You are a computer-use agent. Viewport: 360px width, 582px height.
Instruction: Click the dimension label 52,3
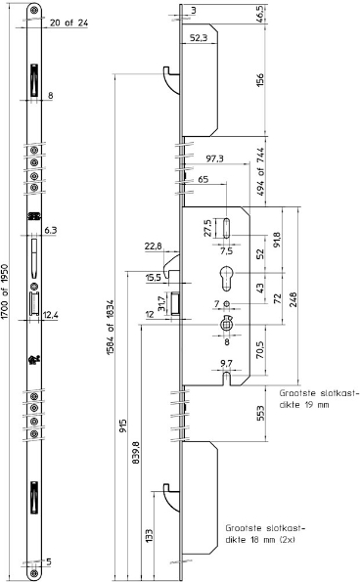199,37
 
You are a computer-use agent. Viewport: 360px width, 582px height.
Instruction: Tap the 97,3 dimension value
215,158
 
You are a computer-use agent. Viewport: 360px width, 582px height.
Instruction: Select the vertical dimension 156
260,80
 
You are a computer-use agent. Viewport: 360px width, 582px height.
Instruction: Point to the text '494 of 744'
260,172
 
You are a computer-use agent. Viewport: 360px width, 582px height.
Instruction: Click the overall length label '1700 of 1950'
5,291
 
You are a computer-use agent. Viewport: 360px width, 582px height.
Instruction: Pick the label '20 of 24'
69,22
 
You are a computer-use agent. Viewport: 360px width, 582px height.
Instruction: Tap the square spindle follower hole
226,325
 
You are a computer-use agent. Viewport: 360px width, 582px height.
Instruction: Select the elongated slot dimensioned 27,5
226,228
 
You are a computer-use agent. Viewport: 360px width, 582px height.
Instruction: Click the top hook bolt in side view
171,80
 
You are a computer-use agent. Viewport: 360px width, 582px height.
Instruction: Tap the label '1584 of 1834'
111,327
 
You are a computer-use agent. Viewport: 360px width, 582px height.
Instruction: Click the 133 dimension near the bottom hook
149,536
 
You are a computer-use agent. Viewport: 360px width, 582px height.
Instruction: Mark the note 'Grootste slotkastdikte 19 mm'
320,399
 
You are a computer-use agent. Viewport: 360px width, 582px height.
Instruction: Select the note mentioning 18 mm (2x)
265,534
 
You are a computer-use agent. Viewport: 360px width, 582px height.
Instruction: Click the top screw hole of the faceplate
34,10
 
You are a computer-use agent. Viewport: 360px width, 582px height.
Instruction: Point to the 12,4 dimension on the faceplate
51,315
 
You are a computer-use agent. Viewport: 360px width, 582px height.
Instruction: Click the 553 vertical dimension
260,413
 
